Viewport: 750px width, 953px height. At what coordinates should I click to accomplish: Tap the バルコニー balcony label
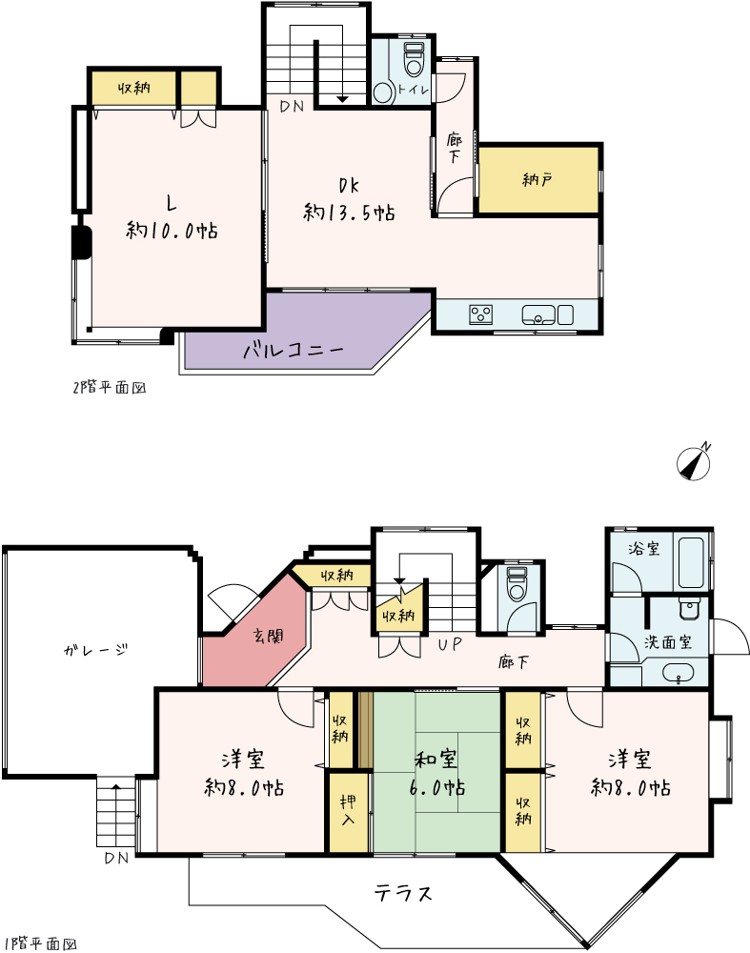[x=294, y=351]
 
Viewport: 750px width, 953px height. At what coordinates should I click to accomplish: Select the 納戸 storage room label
[x=537, y=179]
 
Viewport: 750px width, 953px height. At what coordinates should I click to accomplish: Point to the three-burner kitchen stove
[x=480, y=314]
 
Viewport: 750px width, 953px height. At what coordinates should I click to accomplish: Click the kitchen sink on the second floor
[x=538, y=314]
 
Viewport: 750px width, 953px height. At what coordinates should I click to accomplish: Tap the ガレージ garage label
[x=96, y=650]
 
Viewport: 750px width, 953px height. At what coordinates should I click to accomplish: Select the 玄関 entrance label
[x=268, y=637]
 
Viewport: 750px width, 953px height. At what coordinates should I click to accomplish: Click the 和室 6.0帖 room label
[x=436, y=774]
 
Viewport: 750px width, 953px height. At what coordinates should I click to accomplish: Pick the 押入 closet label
[x=348, y=810]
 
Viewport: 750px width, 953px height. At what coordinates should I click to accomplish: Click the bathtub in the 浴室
[x=690, y=561]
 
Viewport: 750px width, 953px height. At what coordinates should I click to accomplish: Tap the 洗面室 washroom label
[x=668, y=642]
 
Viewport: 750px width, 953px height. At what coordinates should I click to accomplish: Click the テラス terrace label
[x=403, y=893]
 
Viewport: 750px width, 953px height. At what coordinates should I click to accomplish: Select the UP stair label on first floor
[x=450, y=643]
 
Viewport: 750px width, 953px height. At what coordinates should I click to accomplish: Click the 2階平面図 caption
[x=110, y=388]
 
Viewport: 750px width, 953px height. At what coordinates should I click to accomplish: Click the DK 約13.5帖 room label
[x=349, y=199]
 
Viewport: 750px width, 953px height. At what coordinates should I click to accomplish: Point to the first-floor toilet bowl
[x=517, y=584]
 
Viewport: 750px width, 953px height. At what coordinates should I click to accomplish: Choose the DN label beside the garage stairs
[x=116, y=859]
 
